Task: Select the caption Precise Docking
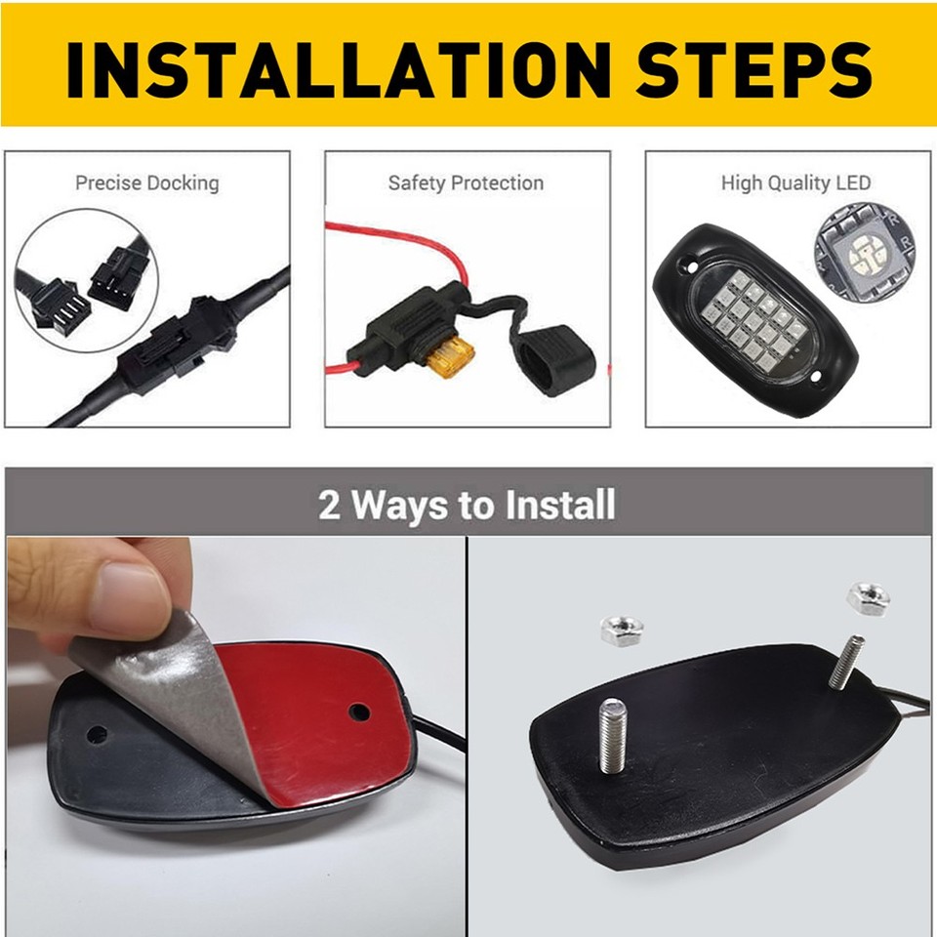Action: pyautogui.click(x=147, y=183)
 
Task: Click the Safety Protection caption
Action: pyautogui.click(x=466, y=183)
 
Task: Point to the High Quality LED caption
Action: pyautogui.click(x=795, y=183)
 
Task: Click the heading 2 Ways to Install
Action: pyautogui.click(x=468, y=506)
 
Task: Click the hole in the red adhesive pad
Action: pyautogui.click(x=359, y=713)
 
